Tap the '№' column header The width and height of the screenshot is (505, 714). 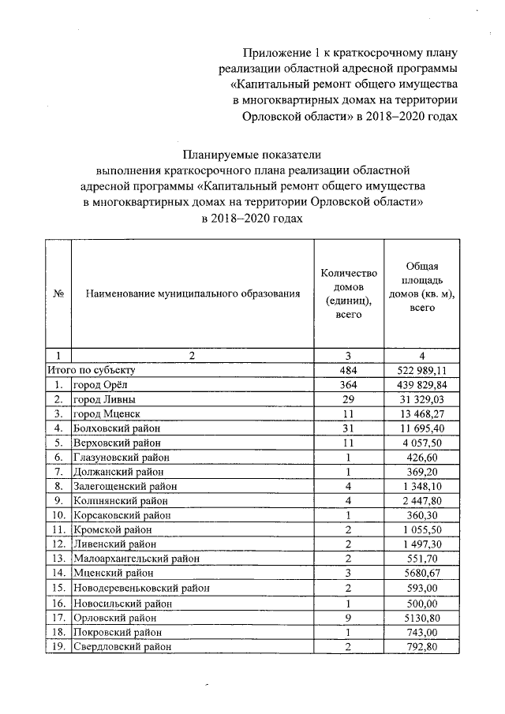click(x=58, y=294)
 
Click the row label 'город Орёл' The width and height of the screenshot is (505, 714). click(x=99, y=384)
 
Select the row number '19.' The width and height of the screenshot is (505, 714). click(x=58, y=647)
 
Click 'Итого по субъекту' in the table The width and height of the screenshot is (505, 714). click(x=94, y=369)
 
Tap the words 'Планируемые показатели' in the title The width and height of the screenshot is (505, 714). click(x=252, y=154)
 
